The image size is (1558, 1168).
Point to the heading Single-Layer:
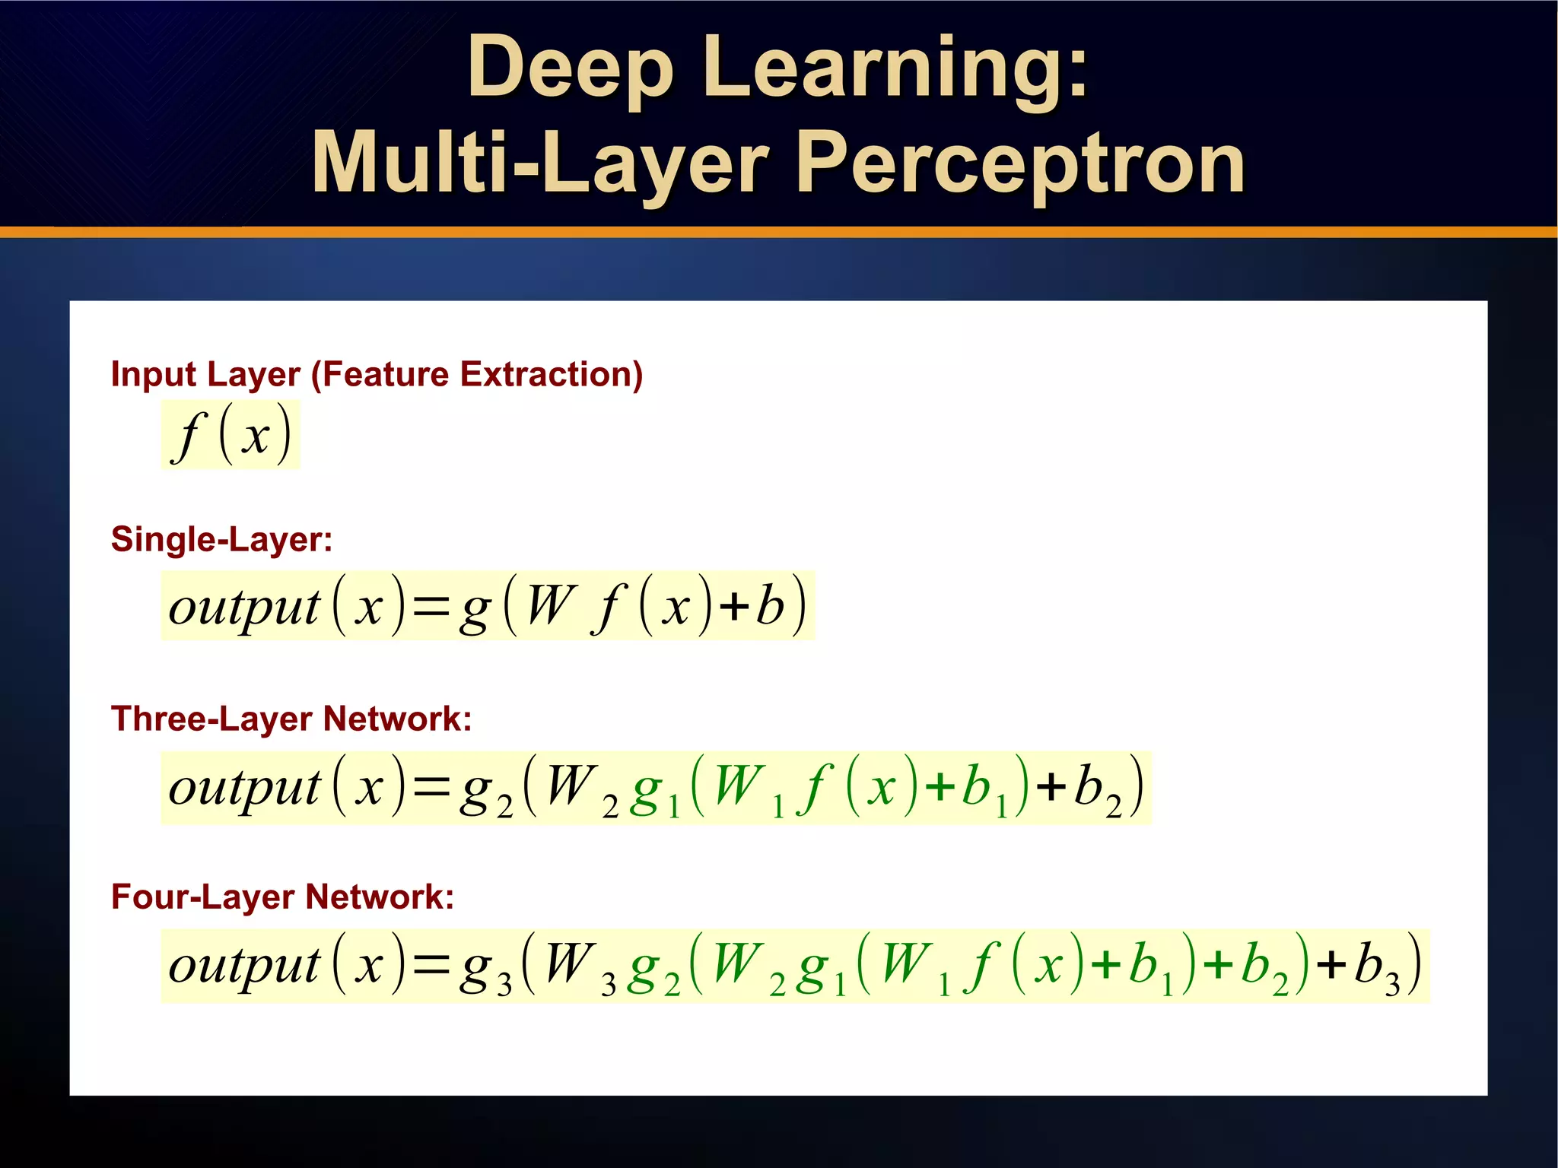(x=221, y=540)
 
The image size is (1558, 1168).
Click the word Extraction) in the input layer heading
(x=552, y=375)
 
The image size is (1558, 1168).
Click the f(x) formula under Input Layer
(x=231, y=436)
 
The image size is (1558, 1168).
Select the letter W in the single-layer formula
(x=549, y=606)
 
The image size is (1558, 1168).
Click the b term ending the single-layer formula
(x=770, y=606)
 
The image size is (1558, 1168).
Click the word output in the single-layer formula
(x=243, y=608)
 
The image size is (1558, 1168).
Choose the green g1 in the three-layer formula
(x=655, y=792)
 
